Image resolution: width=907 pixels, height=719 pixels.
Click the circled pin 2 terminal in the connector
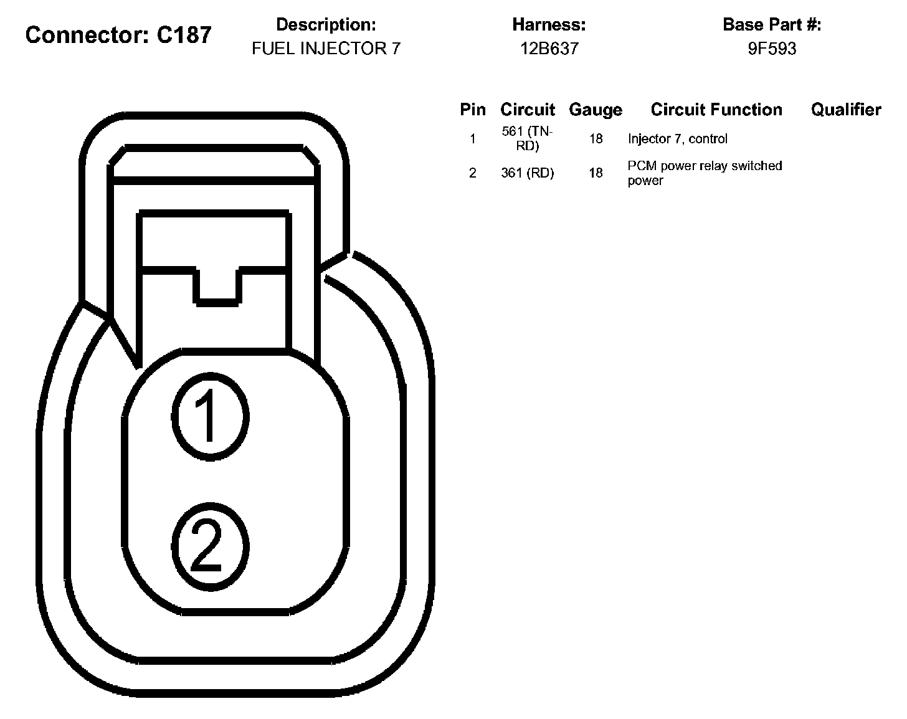coord(210,545)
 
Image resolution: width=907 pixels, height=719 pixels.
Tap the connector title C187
coord(118,35)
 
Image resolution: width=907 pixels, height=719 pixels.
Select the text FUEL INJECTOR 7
coord(326,49)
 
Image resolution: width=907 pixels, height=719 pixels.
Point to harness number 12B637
coord(549,49)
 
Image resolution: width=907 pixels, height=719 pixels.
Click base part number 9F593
coord(772,49)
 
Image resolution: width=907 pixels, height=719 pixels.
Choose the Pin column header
coord(472,110)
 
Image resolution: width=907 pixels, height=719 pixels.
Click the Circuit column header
coord(527,110)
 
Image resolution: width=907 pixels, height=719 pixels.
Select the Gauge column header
coord(596,110)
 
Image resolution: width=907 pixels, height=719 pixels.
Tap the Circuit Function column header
coord(716,110)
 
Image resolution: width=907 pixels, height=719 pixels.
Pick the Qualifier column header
coord(846,110)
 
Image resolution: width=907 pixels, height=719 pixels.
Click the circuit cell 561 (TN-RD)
coord(527,138)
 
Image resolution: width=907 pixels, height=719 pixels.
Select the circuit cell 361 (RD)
coord(527,173)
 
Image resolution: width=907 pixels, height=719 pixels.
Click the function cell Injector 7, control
coord(678,138)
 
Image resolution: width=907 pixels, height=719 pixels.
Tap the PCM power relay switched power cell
coord(705,173)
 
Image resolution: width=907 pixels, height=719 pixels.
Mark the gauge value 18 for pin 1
coord(596,138)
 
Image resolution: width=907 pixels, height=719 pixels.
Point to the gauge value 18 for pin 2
coord(596,173)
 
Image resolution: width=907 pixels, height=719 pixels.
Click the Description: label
coord(326,25)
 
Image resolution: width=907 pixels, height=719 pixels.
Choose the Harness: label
coord(549,25)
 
